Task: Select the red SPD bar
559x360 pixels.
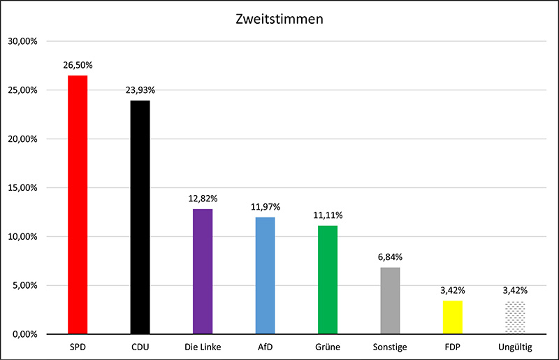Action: (78, 204)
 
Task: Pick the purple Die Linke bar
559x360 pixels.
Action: (203, 271)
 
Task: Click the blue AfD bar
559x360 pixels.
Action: (265, 275)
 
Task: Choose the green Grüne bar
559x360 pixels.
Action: (328, 280)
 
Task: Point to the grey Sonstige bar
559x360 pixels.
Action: (390, 301)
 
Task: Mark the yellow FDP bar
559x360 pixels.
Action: (453, 317)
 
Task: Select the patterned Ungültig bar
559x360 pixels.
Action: (515, 317)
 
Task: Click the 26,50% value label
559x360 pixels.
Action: (78, 65)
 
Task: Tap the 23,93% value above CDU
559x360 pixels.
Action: (140, 90)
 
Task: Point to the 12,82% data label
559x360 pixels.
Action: (203, 199)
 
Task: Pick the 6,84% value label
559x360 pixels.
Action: (390, 257)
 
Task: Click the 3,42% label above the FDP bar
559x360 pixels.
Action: (453, 291)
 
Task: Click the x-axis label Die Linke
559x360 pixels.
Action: (203, 347)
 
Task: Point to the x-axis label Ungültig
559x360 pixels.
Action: (515, 347)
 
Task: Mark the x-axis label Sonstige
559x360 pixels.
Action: (390, 347)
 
